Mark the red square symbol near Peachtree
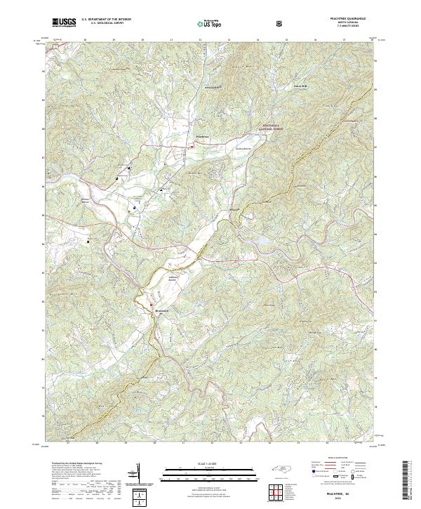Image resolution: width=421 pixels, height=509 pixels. pyautogui.click(x=192, y=147)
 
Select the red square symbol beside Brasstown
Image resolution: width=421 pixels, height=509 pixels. pyautogui.click(x=149, y=303)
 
